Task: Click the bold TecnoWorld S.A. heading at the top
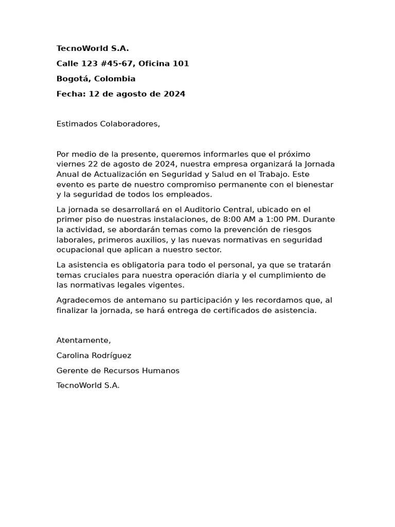[93, 49]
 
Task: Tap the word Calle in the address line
[67, 64]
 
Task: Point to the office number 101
[182, 64]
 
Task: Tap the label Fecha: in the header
[71, 94]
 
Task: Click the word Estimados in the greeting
[77, 124]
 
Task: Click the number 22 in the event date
[93, 164]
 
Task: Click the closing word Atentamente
[83, 341]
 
